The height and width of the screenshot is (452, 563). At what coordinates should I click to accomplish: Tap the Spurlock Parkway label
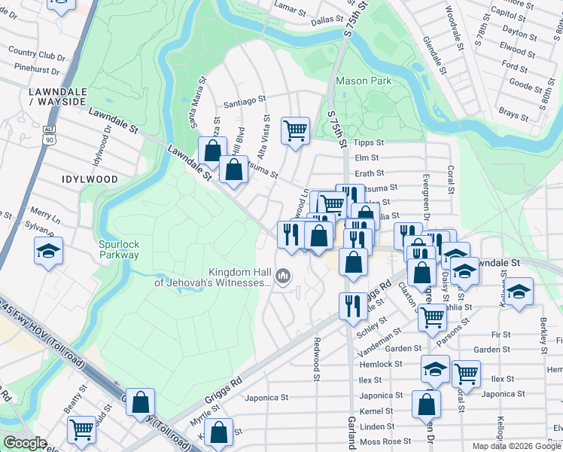click(119, 249)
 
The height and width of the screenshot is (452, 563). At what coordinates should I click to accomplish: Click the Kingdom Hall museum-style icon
click(283, 276)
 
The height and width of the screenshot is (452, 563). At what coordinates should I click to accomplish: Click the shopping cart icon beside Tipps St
click(296, 130)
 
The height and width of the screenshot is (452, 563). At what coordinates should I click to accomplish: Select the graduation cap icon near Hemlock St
click(435, 369)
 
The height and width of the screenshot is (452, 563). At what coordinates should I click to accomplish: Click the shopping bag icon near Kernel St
click(426, 404)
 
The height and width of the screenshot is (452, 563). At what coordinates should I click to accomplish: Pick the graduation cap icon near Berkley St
click(519, 291)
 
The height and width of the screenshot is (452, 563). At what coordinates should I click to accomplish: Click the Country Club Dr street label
click(38, 53)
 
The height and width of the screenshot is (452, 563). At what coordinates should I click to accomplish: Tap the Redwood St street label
click(318, 354)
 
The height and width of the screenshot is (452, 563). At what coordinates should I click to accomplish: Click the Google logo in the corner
click(26, 443)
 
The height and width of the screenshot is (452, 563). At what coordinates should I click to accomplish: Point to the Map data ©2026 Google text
click(516, 446)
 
